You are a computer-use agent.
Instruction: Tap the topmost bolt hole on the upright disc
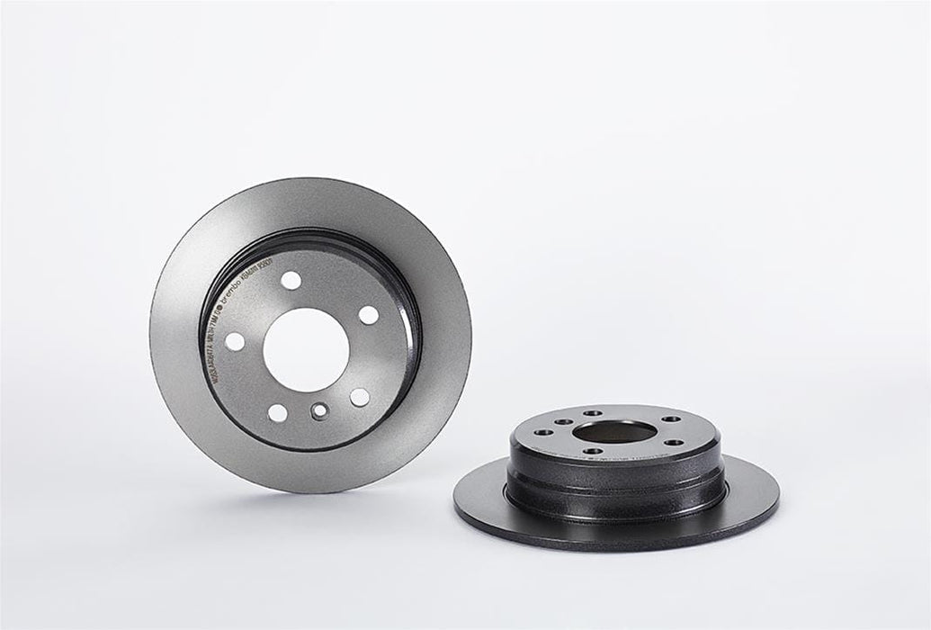(x=291, y=280)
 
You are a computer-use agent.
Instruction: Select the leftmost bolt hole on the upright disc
(x=234, y=342)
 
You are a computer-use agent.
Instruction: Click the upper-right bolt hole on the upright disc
(x=369, y=315)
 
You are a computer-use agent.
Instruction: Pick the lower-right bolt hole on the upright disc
(x=359, y=397)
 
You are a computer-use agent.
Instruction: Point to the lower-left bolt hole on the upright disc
(x=278, y=413)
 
